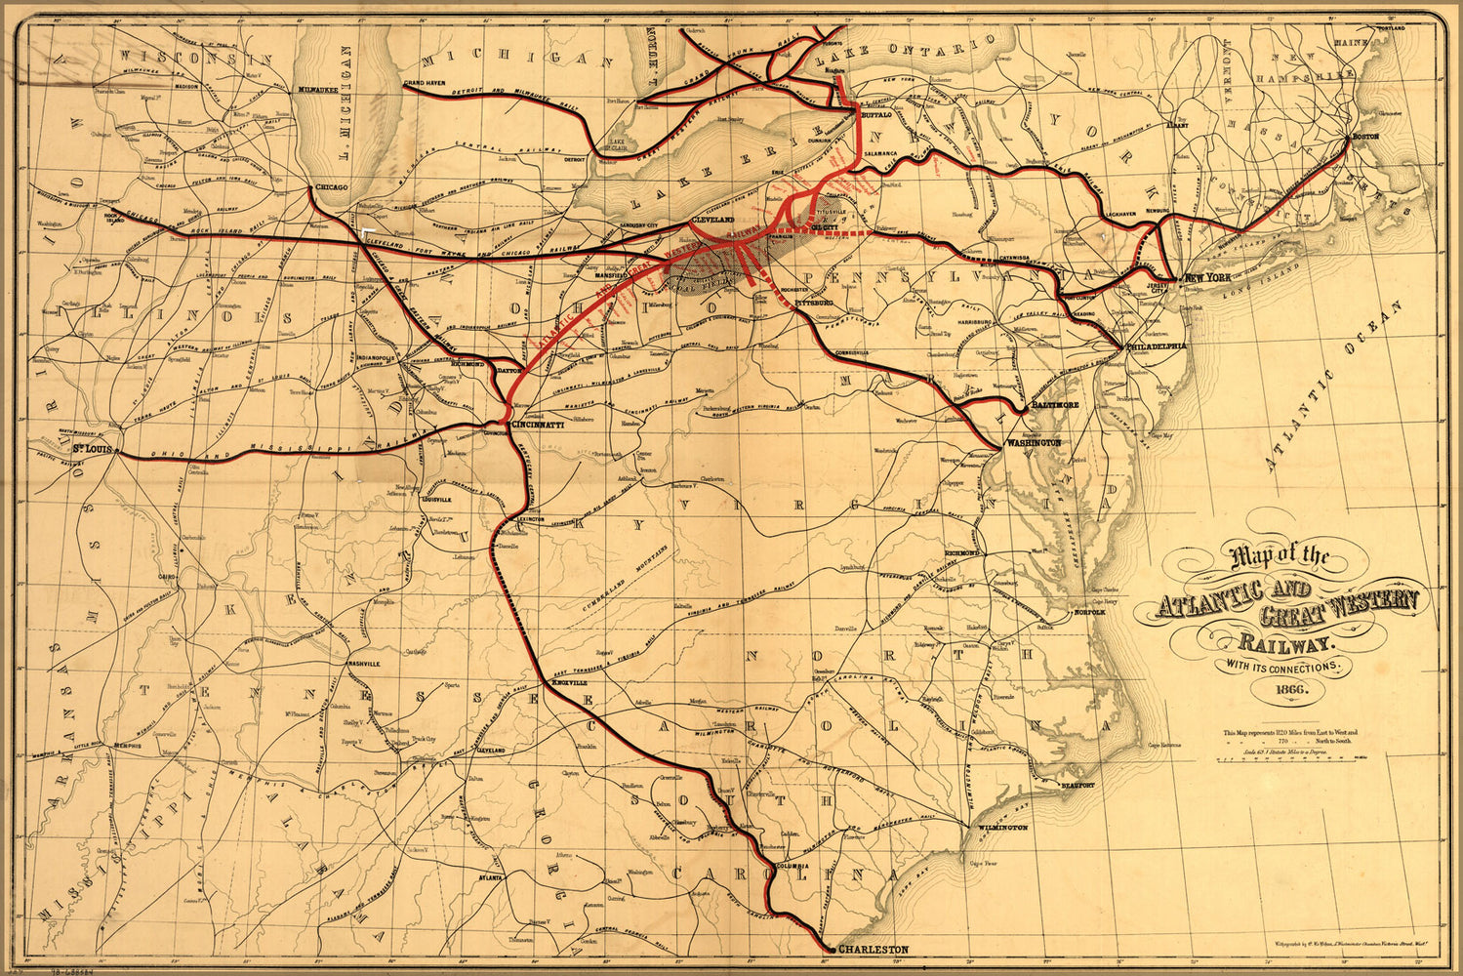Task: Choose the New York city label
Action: pos(1205,279)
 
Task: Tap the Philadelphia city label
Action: pos(1156,346)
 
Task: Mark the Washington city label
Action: pos(1033,442)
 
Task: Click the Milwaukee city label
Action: pos(318,89)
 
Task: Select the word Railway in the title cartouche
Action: pos(1285,642)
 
